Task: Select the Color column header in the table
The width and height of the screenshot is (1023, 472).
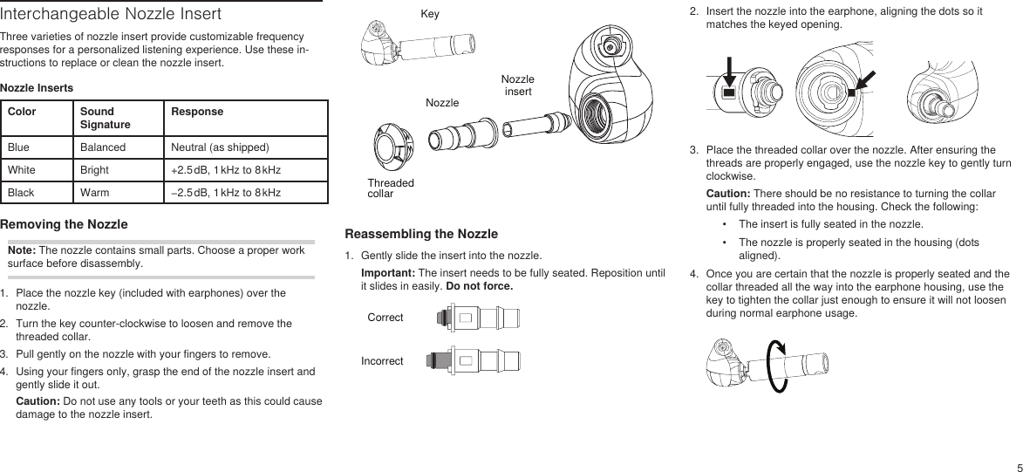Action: [22, 112]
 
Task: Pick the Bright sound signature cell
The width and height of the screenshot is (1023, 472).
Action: [94, 168]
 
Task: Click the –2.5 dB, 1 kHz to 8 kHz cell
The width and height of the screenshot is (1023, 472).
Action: [226, 191]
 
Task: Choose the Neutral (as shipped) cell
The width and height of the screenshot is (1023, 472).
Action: [220, 147]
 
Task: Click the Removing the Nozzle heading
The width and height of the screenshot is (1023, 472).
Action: [64, 224]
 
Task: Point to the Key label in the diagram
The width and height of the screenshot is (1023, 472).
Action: [430, 15]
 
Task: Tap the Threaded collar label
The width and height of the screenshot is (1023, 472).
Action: [391, 188]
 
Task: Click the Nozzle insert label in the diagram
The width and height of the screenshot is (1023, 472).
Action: [517, 86]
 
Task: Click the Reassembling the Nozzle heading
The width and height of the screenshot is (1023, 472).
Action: [421, 234]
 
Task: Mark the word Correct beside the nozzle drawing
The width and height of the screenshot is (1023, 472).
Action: [385, 317]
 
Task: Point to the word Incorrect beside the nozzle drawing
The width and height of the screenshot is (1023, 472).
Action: [382, 360]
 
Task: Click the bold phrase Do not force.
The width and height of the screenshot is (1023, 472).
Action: [479, 286]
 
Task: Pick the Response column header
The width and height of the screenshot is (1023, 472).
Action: [196, 112]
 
